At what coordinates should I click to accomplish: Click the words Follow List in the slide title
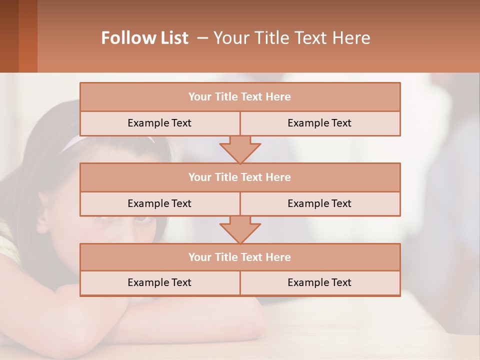(x=144, y=38)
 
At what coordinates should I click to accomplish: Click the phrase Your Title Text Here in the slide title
(x=292, y=38)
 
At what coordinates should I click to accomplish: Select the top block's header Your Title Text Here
(x=239, y=97)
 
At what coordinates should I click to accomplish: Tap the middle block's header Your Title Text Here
(x=239, y=177)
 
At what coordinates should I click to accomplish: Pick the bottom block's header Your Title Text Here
(x=239, y=257)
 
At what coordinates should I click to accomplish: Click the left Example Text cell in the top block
(x=159, y=123)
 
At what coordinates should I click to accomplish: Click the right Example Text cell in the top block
(x=319, y=123)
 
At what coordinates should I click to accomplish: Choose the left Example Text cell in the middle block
(x=159, y=203)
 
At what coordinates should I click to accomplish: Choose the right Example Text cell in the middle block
(x=319, y=203)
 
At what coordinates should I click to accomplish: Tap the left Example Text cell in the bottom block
(x=159, y=282)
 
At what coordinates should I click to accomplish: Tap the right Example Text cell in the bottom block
(x=319, y=282)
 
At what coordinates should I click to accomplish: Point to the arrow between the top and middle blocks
(x=240, y=149)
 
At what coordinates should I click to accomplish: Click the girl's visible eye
(x=142, y=219)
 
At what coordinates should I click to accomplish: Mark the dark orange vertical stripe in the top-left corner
(x=27, y=36)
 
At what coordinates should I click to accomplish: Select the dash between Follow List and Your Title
(x=202, y=38)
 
